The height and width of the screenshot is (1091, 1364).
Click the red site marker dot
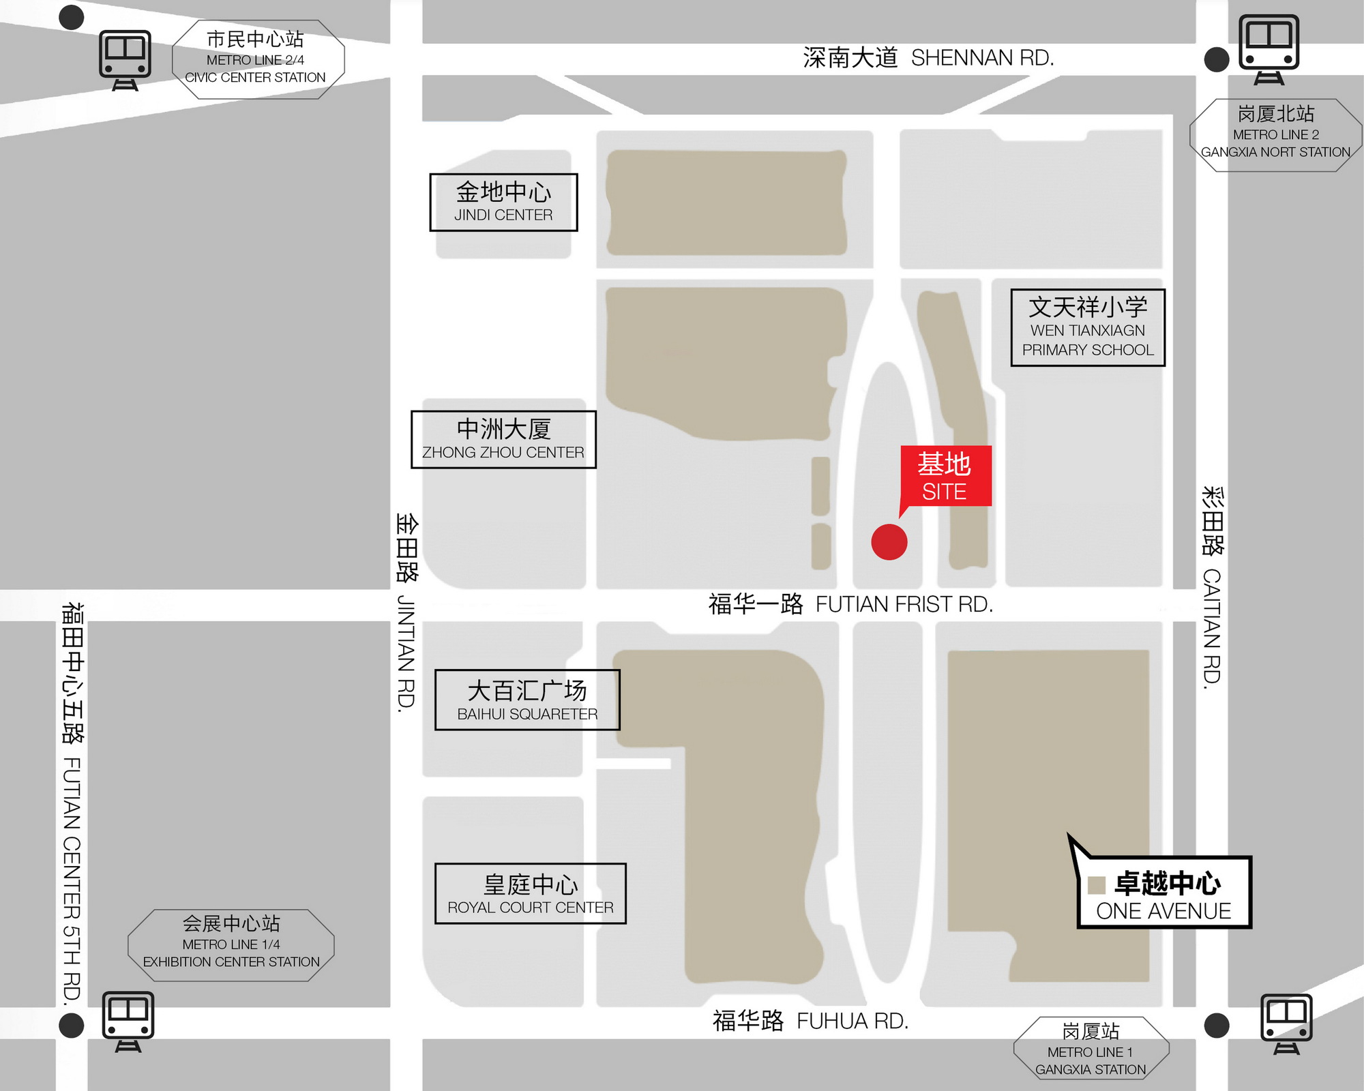pyautogui.click(x=889, y=542)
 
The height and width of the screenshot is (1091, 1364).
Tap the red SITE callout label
pyautogui.click(x=945, y=476)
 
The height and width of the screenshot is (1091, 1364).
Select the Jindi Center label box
pyautogui.click(x=503, y=203)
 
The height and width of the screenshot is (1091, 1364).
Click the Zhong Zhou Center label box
pyautogui.click(x=503, y=439)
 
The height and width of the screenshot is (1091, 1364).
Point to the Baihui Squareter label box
pyautogui.click(x=527, y=700)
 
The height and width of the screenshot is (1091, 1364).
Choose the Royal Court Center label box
pyautogui.click(x=530, y=893)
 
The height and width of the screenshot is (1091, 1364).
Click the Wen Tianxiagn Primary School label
pyautogui.click(x=1088, y=327)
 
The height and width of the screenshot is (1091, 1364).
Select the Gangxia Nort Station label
pyautogui.click(x=1275, y=134)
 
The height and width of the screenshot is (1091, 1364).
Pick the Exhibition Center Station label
pyautogui.click(x=231, y=944)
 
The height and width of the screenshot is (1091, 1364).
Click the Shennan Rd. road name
pyautogui.click(x=928, y=58)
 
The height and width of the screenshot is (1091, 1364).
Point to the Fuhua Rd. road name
pyautogui.click(x=810, y=1021)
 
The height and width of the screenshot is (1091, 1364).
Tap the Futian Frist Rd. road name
pyautogui.click(x=850, y=604)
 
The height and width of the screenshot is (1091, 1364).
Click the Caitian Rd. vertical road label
pyautogui.click(x=1212, y=586)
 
